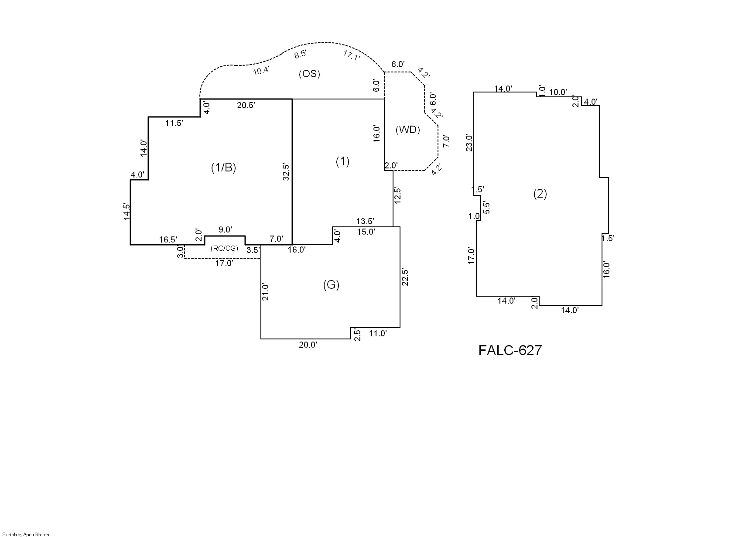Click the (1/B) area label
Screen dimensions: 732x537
[223, 168]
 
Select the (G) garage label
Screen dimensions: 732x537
[331, 285]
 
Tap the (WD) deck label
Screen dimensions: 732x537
[407, 130]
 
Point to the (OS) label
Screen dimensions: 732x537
[309, 74]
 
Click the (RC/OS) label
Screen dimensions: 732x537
[224, 248]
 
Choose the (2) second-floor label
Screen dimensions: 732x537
[540, 194]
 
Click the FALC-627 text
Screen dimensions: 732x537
[510, 350]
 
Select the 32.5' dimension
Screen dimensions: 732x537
[286, 172]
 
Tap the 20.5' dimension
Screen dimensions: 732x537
[246, 105]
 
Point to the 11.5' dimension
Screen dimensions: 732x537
[174, 123]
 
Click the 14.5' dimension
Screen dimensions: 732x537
[127, 212]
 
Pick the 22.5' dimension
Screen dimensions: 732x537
[405, 277]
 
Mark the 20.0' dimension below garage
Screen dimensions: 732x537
[308, 345]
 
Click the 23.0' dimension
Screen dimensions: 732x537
[469, 143]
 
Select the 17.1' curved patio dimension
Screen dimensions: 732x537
[352, 55]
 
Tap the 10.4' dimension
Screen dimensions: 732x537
[261, 71]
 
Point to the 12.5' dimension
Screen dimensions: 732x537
[397, 195]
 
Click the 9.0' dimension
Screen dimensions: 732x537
[225, 230]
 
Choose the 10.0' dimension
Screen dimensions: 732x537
[558, 92]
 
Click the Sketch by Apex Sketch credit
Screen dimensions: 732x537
[25, 534]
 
